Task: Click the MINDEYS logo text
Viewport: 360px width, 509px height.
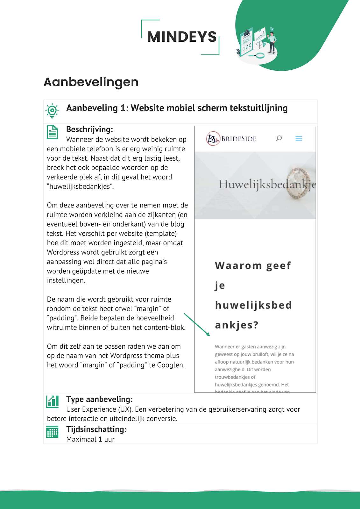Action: click(x=182, y=37)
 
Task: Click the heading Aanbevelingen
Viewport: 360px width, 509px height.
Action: click(x=91, y=82)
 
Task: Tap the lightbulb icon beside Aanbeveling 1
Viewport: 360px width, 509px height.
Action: click(x=52, y=110)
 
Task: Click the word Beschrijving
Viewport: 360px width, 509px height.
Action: click(x=89, y=129)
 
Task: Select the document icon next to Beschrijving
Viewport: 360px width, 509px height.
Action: click(x=53, y=132)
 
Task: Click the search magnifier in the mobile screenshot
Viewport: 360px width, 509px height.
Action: click(x=279, y=138)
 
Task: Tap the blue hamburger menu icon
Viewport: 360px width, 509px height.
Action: click(x=299, y=138)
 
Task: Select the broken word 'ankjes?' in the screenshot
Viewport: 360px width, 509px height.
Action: click(x=236, y=325)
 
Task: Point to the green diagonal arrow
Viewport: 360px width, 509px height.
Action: click(x=197, y=325)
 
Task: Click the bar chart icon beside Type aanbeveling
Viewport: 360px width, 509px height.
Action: click(x=53, y=402)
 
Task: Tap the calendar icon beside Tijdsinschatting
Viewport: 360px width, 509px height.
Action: click(x=53, y=432)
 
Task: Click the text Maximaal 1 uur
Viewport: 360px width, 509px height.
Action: click(x=90, y=439)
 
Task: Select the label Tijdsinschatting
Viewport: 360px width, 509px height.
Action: click(x=96, y=429)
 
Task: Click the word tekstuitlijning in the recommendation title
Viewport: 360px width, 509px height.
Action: click(x=258, y=108)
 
